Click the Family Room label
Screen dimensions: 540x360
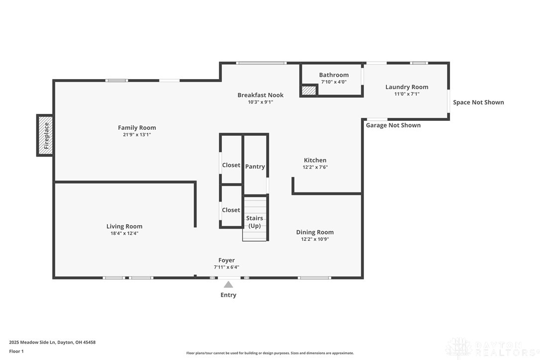137,127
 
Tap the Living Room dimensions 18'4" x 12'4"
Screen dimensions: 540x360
124,233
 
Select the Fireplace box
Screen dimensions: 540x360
45,135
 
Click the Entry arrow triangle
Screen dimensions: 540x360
228,284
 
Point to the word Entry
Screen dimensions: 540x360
228,295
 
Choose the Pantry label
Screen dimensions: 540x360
255,167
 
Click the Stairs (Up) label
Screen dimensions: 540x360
255,222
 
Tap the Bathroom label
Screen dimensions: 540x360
334,75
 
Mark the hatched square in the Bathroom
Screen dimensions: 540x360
309,90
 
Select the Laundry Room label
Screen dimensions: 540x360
407,87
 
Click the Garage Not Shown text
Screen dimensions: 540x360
393,125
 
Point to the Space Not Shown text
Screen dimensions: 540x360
478,102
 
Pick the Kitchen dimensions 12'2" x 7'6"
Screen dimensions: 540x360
315,167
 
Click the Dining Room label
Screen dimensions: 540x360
315,232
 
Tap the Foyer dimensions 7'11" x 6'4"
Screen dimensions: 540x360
226,267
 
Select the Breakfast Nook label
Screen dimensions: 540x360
261,95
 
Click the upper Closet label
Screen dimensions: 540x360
231,165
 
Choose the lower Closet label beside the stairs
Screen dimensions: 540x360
231,210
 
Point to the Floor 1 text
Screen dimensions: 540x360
16,352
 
